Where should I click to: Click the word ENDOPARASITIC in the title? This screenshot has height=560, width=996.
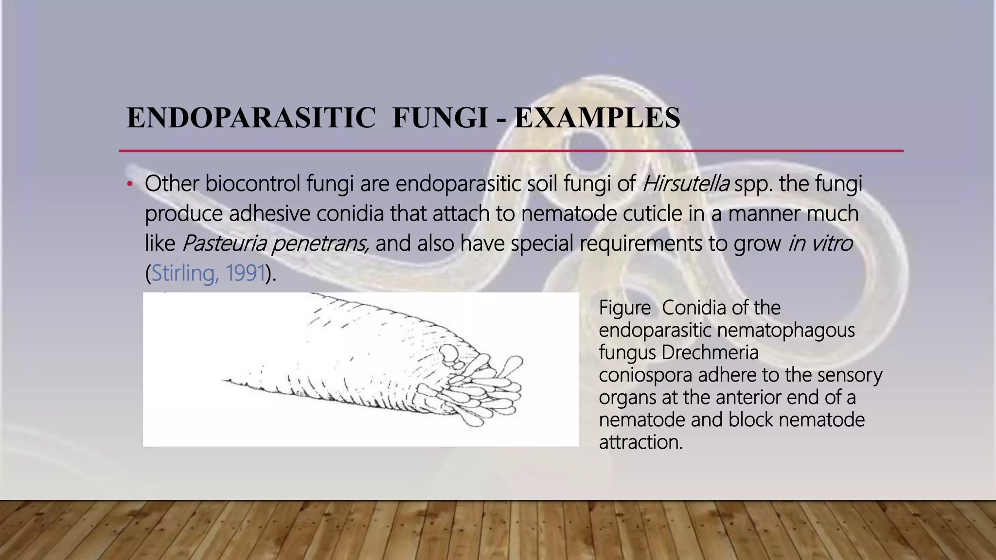tap(251, 118)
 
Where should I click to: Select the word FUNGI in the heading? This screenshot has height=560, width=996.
tap(440, 118)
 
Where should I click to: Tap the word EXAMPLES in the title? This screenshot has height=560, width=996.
tap(597, 118)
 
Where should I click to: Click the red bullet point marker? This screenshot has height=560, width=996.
tap(129, 184)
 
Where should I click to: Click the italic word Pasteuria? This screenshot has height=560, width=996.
tap(224, 244)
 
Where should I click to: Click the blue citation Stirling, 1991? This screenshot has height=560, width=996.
tap(208, 273)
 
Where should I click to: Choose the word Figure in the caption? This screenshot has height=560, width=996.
tap(624, 308)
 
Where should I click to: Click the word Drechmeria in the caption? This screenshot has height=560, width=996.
tap(710, 352)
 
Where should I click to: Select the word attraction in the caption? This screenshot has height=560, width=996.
tap(640, 442)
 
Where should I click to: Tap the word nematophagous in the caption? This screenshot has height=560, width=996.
tap(786, 330)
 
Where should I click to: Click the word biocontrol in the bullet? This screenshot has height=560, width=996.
tap(253, 184)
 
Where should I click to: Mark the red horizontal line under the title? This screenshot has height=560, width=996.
tap(511, 151)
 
